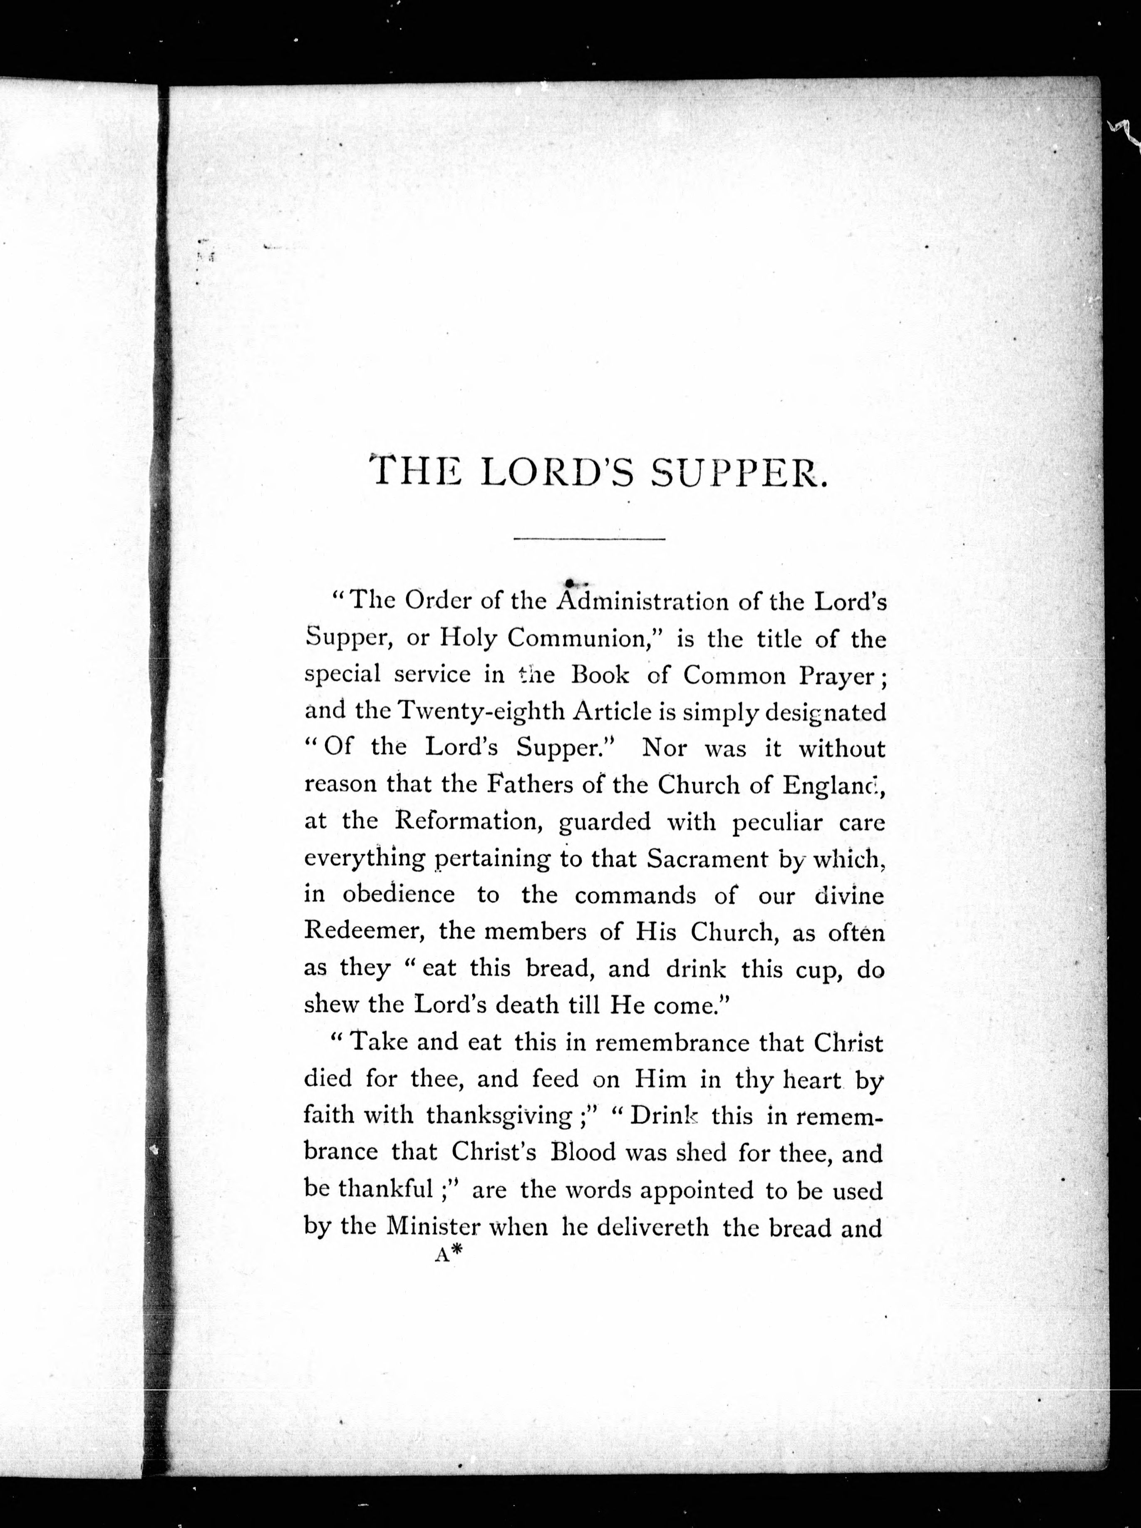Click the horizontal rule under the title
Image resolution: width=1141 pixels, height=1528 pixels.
(590, 539)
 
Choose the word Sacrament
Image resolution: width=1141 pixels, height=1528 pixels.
(707, 858)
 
